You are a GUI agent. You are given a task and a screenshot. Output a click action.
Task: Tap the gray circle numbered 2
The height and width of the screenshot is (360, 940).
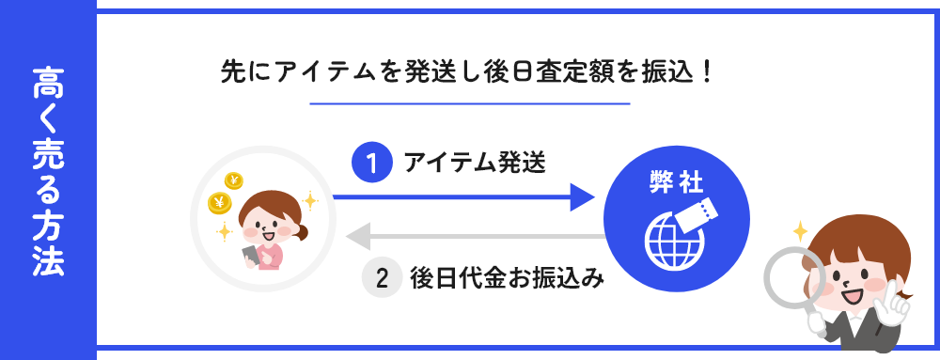tap(382, 278)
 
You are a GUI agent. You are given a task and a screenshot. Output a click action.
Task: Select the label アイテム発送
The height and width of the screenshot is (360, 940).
tap(474, 163)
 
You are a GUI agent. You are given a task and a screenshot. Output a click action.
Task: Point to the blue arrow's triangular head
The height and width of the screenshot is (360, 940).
tap(582, 197)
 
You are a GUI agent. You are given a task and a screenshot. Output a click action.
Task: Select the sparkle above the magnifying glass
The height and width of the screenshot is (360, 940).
tap(801, 228)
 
